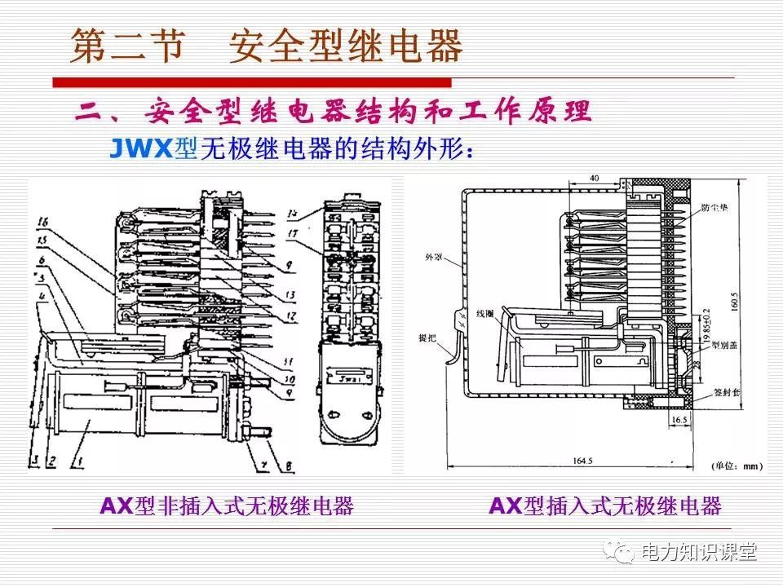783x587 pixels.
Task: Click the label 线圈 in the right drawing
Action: point(486,313)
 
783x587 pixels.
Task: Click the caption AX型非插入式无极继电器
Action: point(227,506)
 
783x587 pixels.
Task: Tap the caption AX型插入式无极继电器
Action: point(605,506)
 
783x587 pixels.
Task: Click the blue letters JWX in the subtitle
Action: point(142,148)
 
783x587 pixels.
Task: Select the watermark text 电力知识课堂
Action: point(699,552)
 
